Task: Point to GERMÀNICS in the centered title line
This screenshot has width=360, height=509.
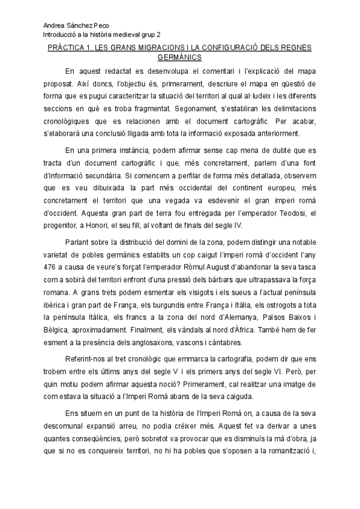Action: [179, 58]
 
